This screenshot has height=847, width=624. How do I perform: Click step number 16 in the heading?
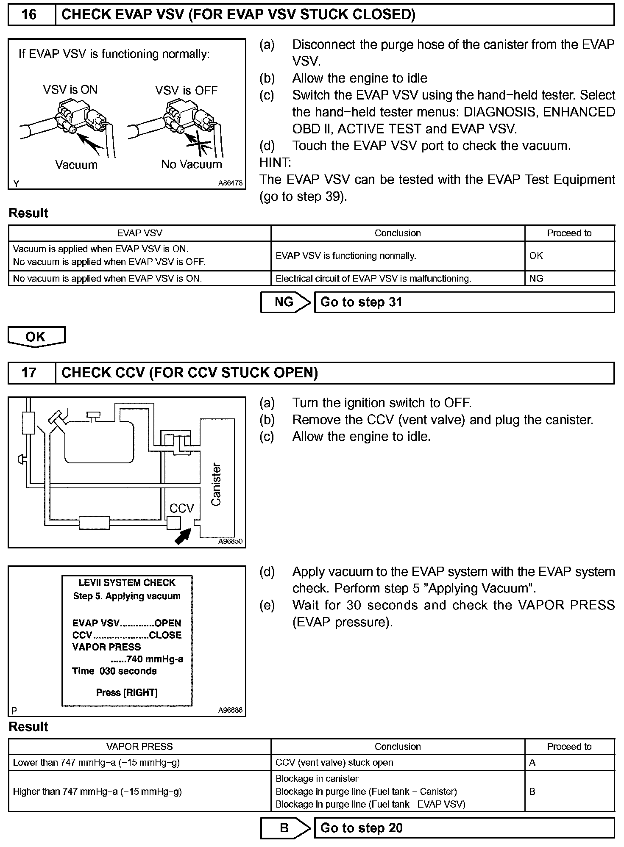coord(29,15)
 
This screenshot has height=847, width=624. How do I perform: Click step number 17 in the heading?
coord(29,373)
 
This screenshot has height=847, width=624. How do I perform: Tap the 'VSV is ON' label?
coord(70,90)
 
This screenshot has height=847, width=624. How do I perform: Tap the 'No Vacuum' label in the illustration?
coord(191,164)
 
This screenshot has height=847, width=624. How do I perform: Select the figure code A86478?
coord(230,183)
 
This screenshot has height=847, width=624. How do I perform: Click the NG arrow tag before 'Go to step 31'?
coord(284,302)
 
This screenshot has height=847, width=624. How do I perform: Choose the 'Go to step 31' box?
coord(464,302)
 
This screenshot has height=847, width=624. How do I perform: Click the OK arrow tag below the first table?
coord(36,337)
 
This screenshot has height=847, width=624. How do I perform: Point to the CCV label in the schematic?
coord(181,508)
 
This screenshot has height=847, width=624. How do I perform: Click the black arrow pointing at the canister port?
coord(183,537)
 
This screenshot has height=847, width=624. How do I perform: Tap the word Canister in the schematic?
coord(216,484)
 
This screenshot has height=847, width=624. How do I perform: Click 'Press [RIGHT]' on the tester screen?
coord(127,692)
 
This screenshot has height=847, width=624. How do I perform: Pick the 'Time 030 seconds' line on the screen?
coord(114,671)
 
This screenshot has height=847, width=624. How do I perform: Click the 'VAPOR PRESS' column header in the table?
coord(139,747)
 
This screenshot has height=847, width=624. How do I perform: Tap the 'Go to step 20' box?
coord(464,828)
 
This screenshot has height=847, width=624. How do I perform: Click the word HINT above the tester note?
coord(275,162)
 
